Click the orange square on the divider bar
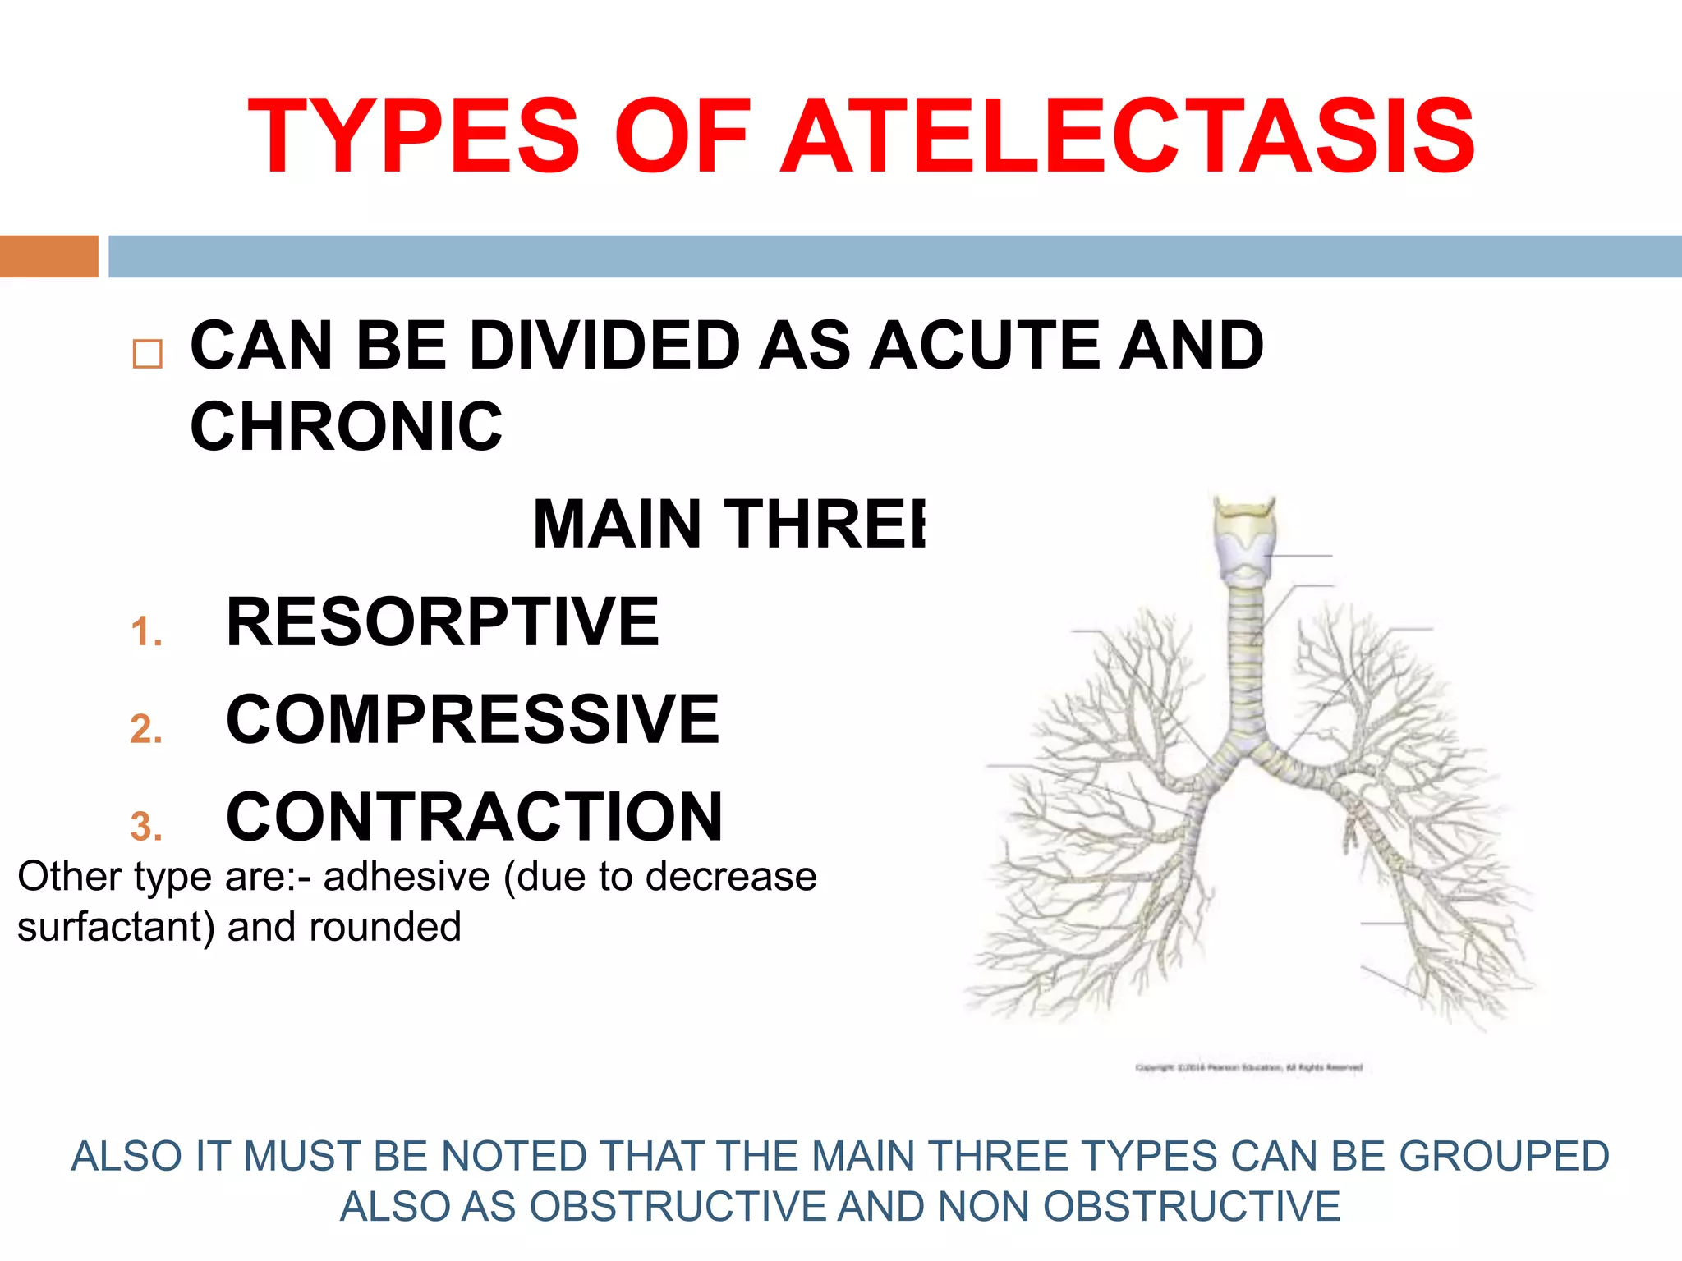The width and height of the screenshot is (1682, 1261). point(48,256)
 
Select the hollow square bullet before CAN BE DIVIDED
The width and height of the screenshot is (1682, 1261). point(148,354)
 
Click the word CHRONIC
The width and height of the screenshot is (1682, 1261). point(346,427)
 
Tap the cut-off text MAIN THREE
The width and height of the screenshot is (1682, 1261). point(728,524)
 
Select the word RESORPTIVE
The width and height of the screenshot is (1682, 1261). point(442,622)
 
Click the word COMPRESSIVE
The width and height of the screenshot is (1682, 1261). point(472,719)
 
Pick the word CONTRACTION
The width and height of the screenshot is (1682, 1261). point(474,817)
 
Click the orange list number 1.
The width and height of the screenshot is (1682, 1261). point(145,632)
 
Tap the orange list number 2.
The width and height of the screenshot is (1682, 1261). point(145,729)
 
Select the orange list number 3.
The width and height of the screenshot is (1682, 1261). point(145,827)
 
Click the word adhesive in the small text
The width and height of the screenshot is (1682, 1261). point(407,877)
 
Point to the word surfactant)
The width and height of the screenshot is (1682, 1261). point(116,927)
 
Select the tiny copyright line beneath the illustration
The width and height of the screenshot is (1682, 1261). point(1248,1067)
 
